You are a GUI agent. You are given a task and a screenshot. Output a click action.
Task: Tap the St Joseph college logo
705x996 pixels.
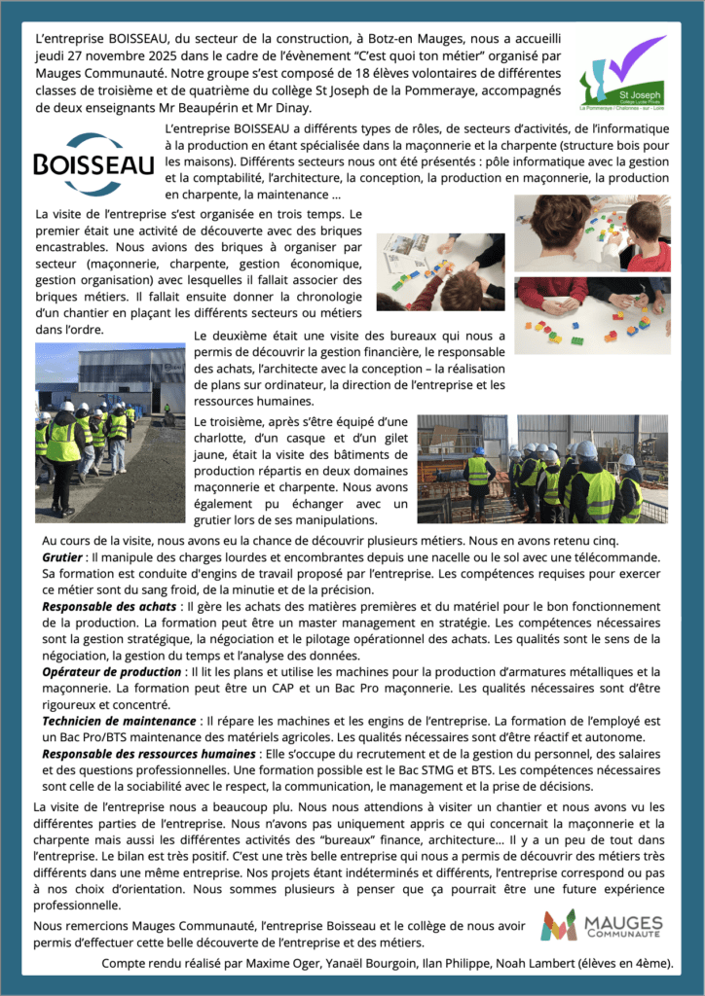[622, 74]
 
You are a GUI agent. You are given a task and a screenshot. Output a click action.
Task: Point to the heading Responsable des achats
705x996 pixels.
[111, 605]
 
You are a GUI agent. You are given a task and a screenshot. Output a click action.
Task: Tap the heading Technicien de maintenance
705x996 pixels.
[118, 721]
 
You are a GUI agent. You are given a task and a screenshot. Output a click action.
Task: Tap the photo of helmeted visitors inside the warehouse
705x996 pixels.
[542, 469]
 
